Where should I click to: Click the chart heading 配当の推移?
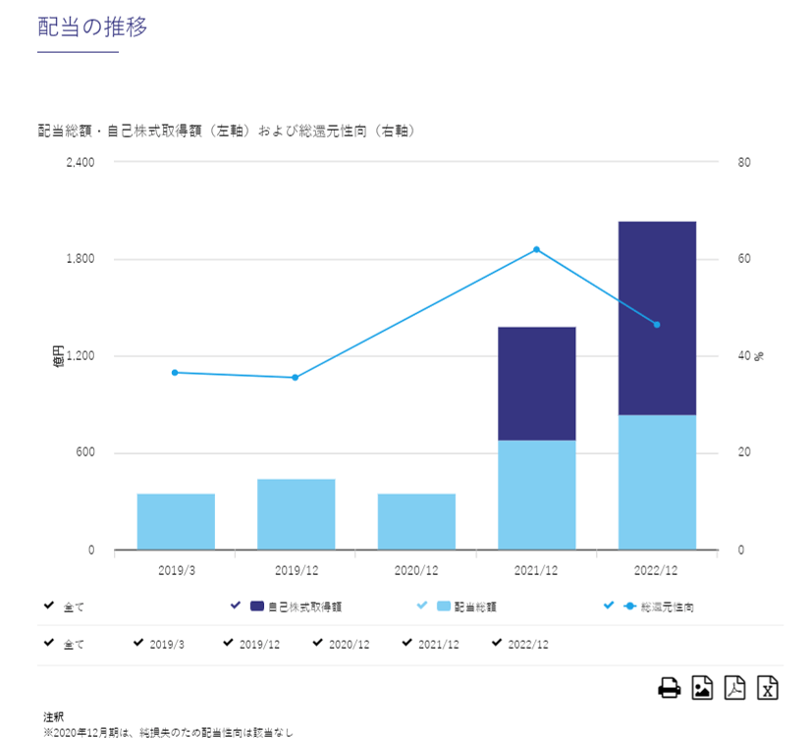coord(92,27)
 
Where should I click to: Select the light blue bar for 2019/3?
coord(176,521)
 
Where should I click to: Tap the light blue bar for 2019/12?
coord(296,514)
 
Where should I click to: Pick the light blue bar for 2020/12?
coord(416,521)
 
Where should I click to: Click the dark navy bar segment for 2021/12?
coord(536,384)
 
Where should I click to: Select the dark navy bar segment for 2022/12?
coord(657,318)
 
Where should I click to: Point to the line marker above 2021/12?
coord(536,249)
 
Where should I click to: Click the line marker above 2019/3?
coord(175,372)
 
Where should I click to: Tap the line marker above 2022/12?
coord(657,325)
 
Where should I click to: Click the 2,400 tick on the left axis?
coord(80,163)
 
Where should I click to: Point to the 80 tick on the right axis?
coord(743,163)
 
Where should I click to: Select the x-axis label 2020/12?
coord(416,569)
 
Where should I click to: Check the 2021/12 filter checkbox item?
coord(430,644)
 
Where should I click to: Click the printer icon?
coord(670,688)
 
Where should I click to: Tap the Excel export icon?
coord(768,688)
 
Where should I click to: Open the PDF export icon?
coord(734,688)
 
